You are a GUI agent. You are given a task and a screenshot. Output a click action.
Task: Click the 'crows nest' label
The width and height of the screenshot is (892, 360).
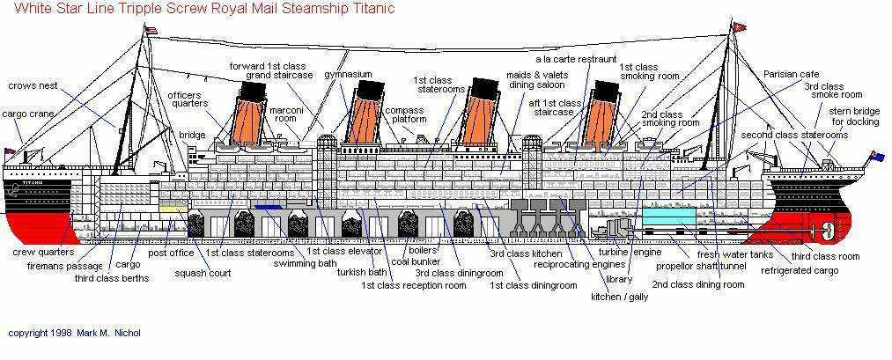33,86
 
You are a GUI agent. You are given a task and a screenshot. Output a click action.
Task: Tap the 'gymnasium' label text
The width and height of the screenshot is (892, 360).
348,75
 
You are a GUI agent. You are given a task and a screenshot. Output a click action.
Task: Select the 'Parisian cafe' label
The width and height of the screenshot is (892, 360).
792,75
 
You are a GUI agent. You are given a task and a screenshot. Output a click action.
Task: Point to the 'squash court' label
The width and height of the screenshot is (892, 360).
203,273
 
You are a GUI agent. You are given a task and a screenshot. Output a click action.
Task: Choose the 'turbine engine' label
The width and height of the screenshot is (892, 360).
630,253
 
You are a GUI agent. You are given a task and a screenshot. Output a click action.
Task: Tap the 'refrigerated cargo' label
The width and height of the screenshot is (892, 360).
800,271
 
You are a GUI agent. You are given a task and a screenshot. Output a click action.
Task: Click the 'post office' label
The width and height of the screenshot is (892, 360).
171,253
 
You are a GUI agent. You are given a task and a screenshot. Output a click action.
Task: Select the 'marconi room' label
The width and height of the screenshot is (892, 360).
285,114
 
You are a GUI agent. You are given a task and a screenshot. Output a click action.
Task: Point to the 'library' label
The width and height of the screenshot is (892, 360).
619,279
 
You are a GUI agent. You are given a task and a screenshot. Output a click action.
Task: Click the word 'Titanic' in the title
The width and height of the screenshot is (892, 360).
377,9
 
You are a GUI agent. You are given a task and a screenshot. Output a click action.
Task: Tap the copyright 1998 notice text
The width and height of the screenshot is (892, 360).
74,333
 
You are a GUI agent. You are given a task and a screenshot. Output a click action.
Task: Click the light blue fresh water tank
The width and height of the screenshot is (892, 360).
669,217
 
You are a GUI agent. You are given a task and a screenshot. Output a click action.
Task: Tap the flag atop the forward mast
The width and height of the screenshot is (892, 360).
151,30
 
